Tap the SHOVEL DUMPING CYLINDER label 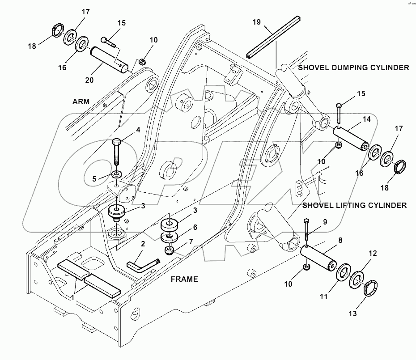pyautogui.click(x=353, y=68)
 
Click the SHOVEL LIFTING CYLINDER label pyautogui.click(x=354, y=205)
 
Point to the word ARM pyautogui.click(x=81, y=102)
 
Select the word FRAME pyautogui.click(x=184, y=279)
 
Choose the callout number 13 pyautogui.click(x=352, y=314)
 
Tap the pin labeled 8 pyautogui.click(x=318, y=259)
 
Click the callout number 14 pyautogui.click(x=366, y=119)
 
